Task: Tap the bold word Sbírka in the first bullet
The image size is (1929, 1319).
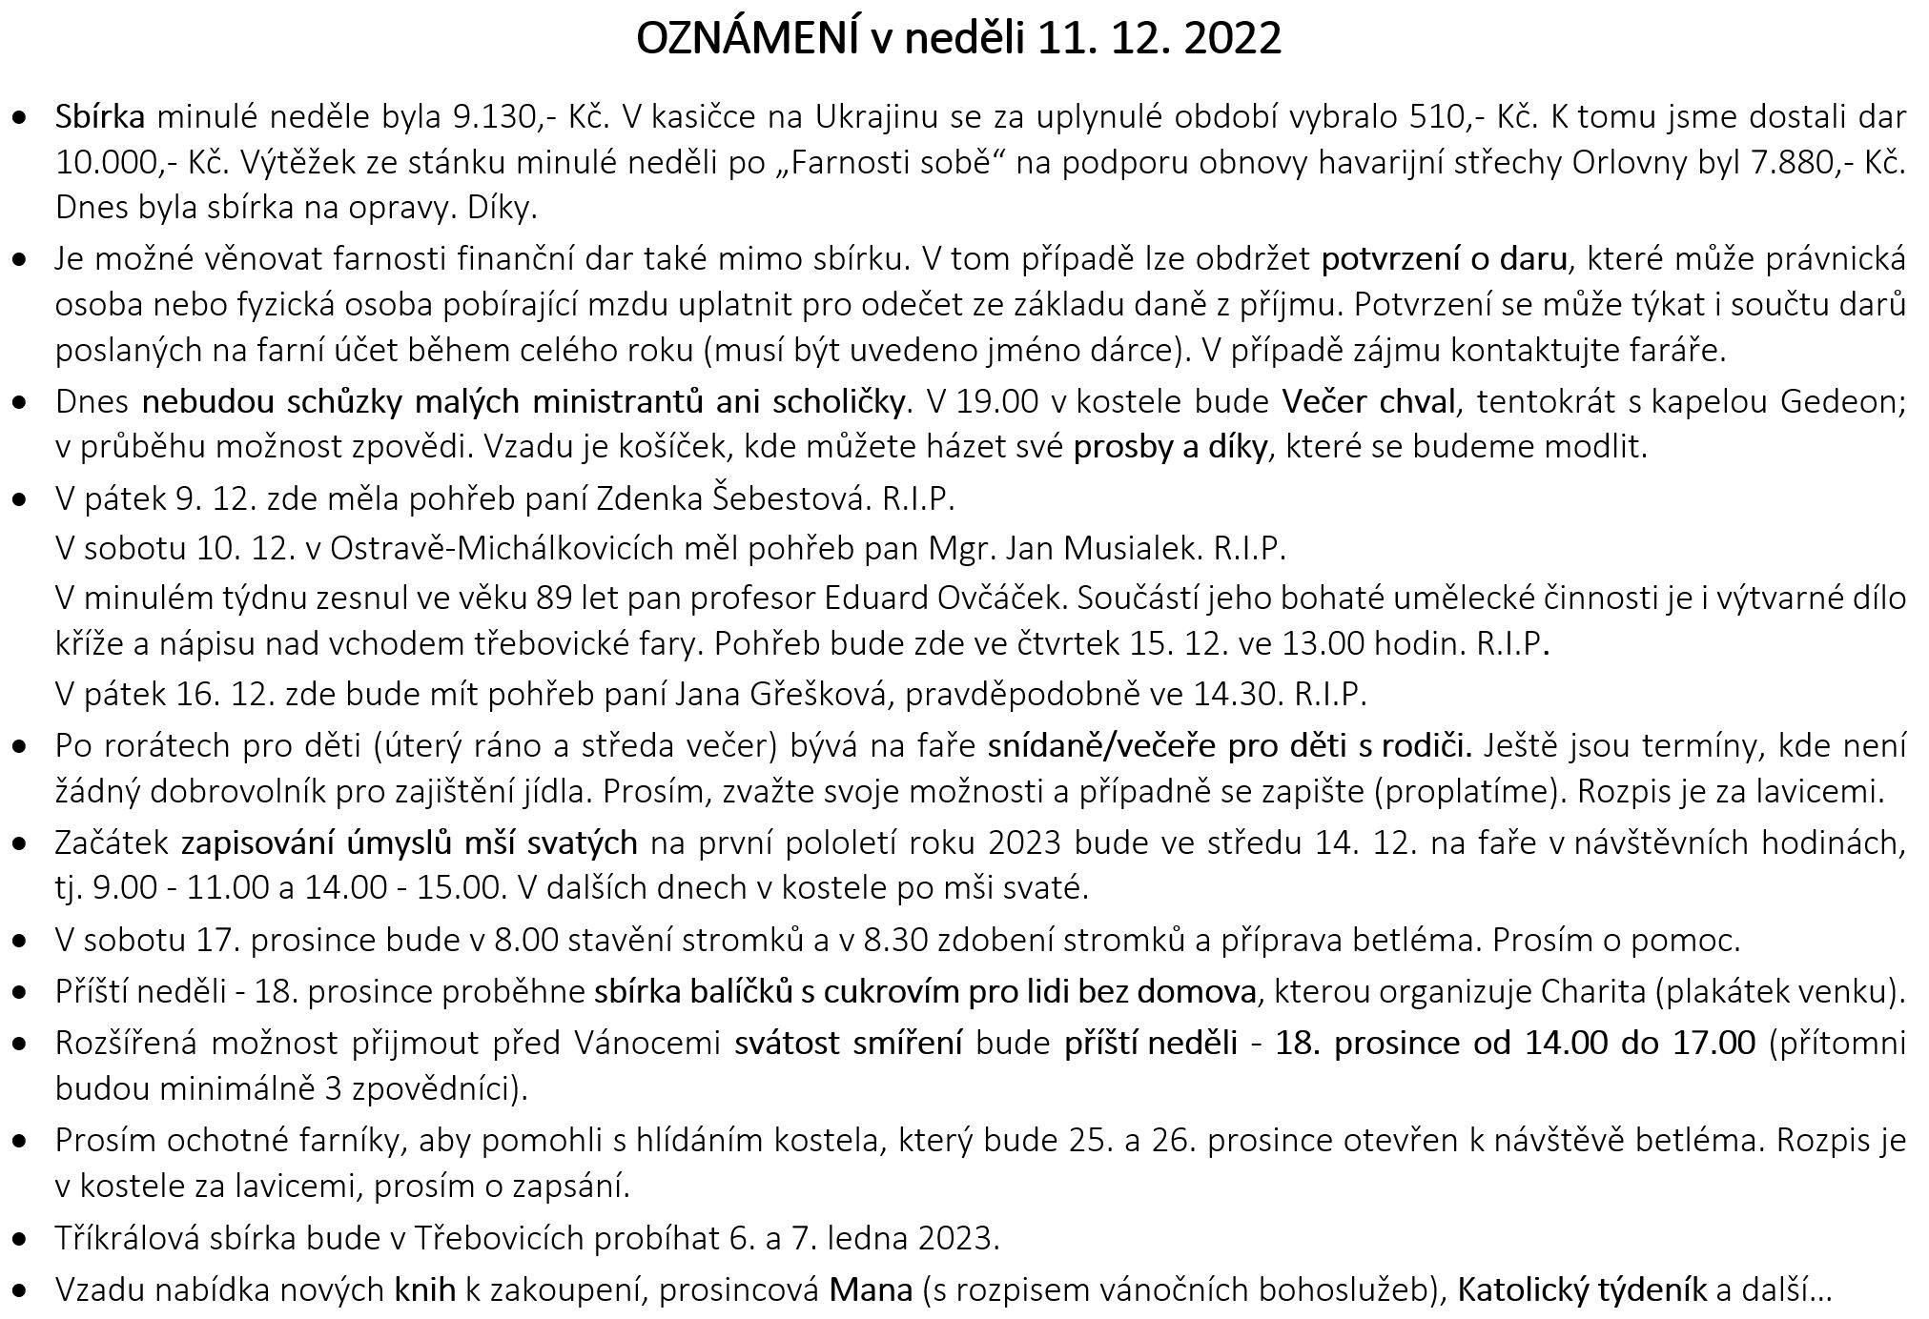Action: click(100, 117)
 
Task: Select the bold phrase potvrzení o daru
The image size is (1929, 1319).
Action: click(1444, 258)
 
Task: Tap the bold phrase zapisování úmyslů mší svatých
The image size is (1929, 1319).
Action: click(409, 842)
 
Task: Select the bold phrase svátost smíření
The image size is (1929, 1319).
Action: click(848, 1043)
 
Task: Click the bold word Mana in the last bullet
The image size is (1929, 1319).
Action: click(870, 1289)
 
